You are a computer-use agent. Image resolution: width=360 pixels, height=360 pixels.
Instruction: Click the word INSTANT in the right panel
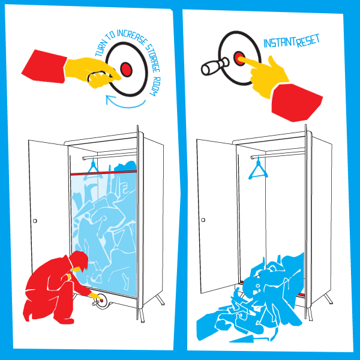tap(280, 42)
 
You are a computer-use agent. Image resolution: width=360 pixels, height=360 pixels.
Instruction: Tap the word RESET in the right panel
tap(308, 41)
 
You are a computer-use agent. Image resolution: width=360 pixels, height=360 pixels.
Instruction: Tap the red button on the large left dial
tap(126, 69)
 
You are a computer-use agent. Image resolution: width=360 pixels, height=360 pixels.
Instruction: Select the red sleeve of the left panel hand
tap(44, 67)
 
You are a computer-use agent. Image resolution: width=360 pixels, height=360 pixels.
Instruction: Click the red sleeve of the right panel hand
tap(297, 103)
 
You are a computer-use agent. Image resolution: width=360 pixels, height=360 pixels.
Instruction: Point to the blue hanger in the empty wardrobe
tap(258, 169)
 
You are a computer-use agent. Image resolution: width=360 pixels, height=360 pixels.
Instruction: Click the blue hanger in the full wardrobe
tap(94, 169)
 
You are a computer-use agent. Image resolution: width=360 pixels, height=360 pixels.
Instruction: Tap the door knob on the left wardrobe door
tap(35, 221)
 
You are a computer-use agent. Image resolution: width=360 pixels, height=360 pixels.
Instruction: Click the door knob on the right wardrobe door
tap(203, 220)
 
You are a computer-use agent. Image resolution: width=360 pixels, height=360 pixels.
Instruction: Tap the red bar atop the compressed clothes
tap(104, 173)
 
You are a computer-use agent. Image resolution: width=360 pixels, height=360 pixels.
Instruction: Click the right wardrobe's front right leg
tap(310, 314)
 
